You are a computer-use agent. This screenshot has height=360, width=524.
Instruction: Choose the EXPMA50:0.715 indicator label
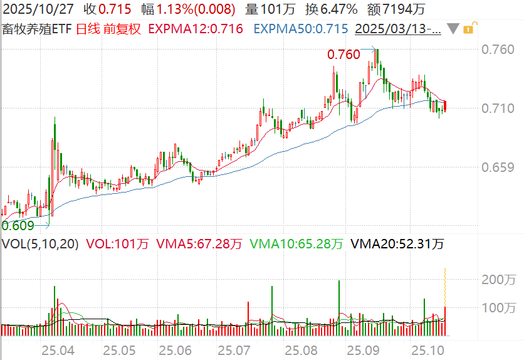[x=301, y=29]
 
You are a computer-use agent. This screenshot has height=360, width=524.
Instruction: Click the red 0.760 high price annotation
[x=343, y=55]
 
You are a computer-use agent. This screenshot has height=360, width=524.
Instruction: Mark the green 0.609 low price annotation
[x=17, y=225]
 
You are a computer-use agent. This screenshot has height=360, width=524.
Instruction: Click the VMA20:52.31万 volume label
[x=397, y=244]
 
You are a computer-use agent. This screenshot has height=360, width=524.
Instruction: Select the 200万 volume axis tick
[x=498, y=279]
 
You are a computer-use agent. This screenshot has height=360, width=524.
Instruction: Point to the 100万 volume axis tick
[x=498, y=307]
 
